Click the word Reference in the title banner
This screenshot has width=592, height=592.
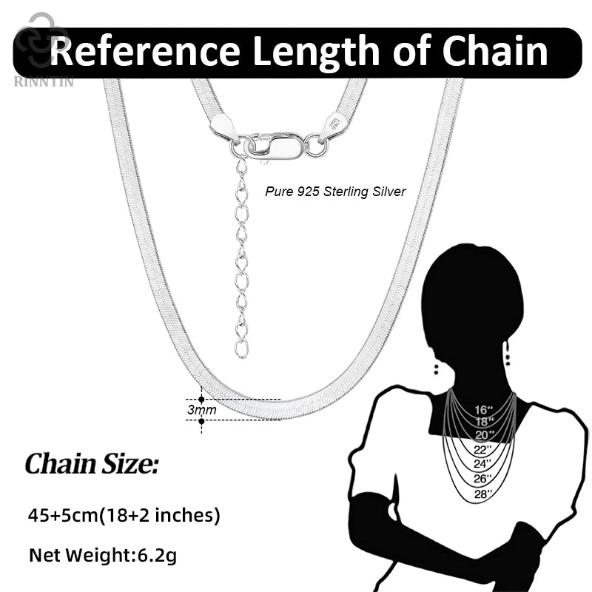(145, 50)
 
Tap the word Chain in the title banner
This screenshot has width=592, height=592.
(494, 50)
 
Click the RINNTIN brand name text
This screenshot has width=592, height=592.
(44, 81)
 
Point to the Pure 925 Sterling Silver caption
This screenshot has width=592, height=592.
(335, 192)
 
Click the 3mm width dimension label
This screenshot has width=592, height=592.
(201, 410)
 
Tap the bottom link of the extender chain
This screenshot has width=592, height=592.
(242, 349)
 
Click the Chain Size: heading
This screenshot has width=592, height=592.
(91, 464)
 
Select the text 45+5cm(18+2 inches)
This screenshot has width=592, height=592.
(124, 515)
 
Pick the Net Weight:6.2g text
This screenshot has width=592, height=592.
(103, 556)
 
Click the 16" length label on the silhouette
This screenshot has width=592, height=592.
(484, 410)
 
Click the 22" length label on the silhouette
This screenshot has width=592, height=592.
(483, 449)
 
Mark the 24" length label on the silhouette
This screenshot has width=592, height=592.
(482, 464)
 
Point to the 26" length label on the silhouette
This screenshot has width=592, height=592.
(482, 478)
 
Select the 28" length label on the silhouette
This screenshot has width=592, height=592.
(483, 493)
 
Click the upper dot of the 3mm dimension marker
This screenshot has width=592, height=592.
(201, 399)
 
